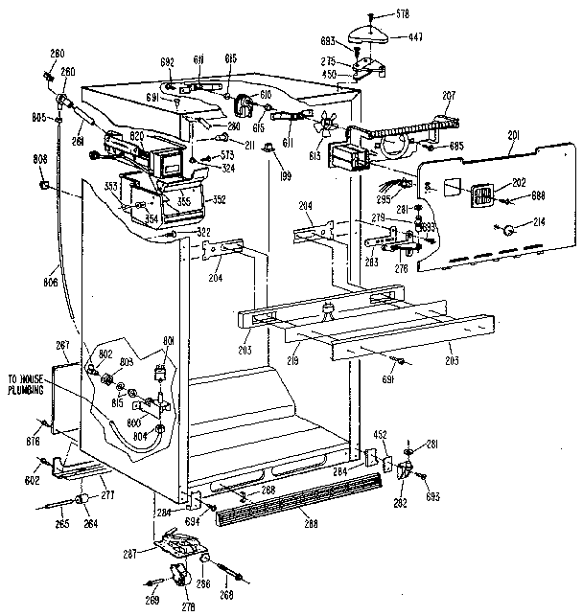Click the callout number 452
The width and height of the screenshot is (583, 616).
pyautogui.click(x=380, y=436)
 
